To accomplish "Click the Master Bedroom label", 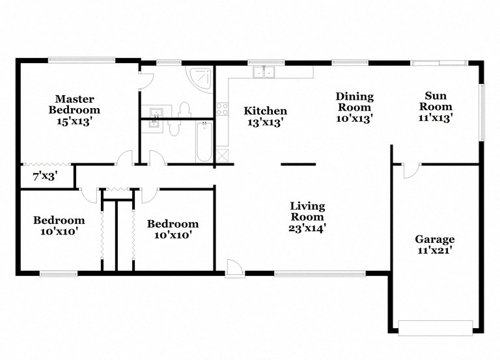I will coord(74,105).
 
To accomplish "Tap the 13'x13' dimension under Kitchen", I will coord(266,122).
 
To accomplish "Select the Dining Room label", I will coord(354,102).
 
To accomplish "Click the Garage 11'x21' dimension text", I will coord(436,250).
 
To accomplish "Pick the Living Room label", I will coord(307,212).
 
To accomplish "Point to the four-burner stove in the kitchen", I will coord(222,109).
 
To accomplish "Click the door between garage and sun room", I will coord(410,169).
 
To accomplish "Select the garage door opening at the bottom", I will coord(435,327).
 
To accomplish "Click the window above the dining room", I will coord(346,62).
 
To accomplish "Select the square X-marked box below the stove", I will coord(222,155).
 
